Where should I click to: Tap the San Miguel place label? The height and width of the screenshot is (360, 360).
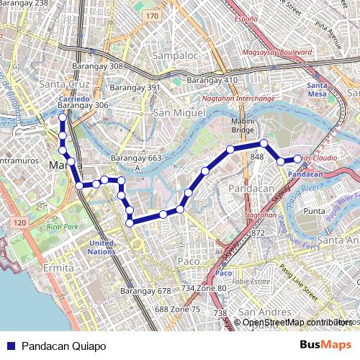(179, 113)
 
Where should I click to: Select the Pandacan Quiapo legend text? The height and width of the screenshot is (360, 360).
(63, 346)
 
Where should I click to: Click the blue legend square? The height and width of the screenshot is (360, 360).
(10, 346)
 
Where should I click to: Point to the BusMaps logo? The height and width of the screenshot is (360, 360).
(325, 346)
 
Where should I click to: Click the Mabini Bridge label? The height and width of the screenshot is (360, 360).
(243, 126)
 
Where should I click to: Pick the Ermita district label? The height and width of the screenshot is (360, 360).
(58, 268)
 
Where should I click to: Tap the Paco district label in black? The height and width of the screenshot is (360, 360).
(188, 261)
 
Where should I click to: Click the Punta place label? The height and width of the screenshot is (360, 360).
(315, 211)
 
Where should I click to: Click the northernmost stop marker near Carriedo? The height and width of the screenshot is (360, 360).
(63, 117)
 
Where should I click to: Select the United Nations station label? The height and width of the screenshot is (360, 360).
(102, 248)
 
